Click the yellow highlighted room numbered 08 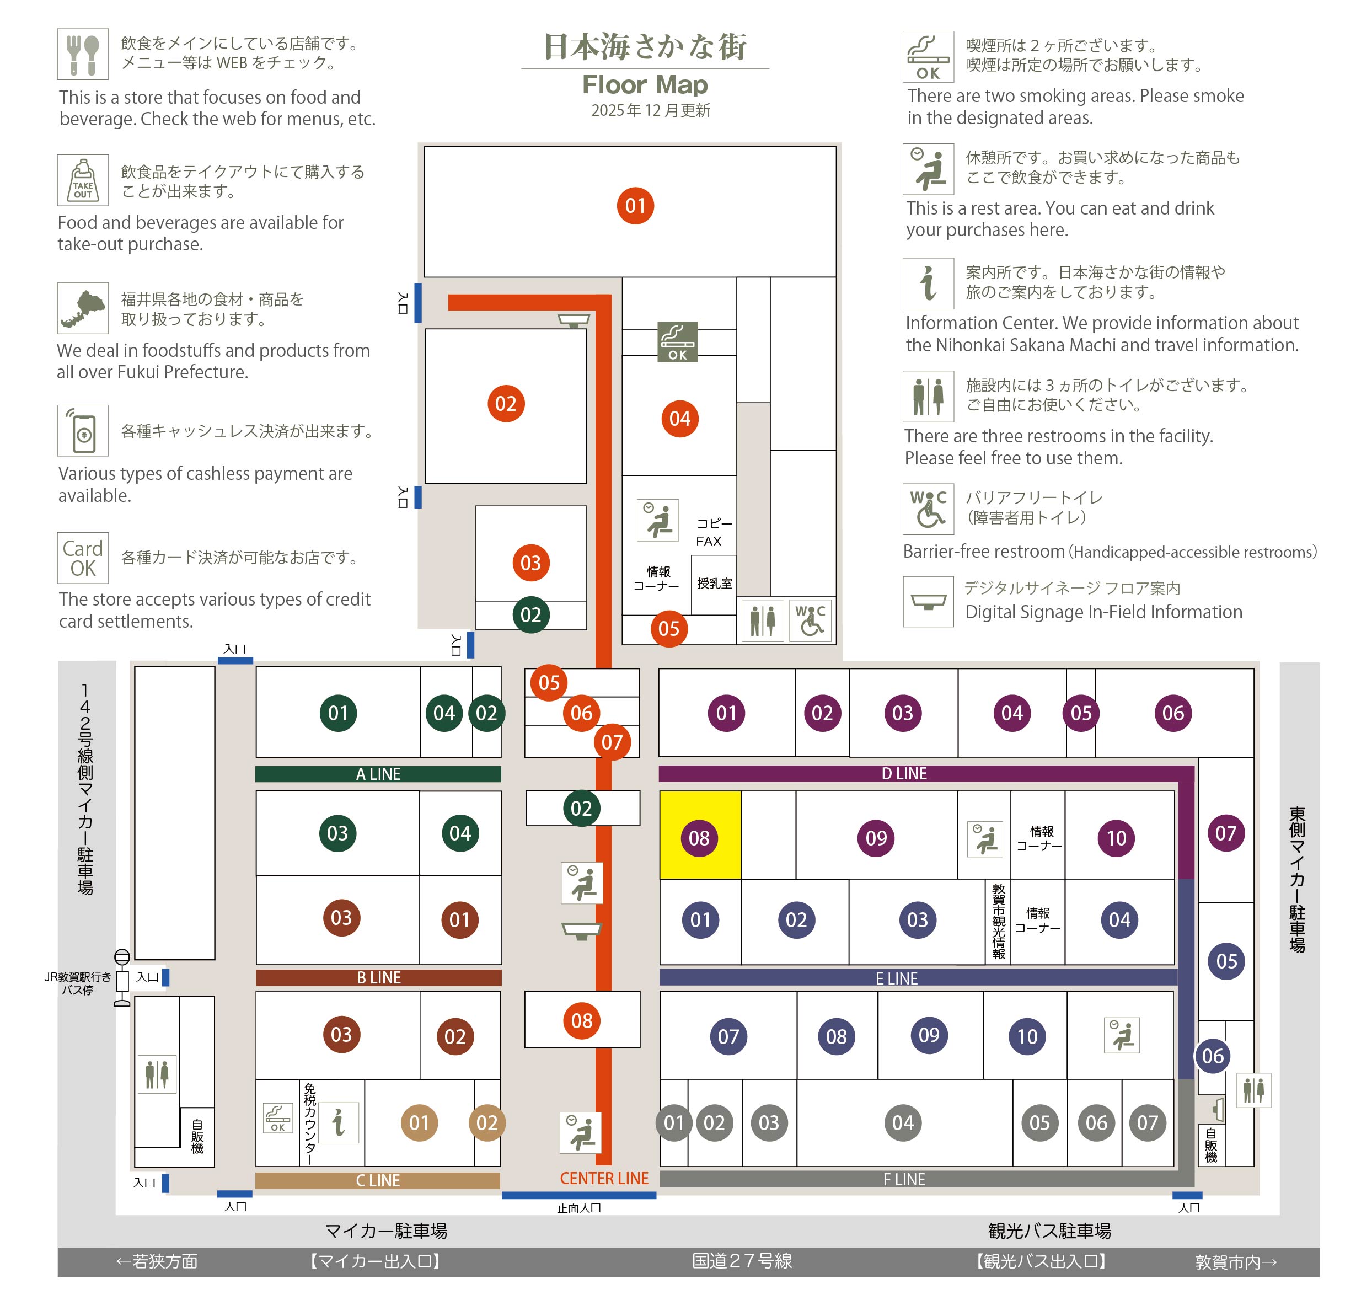(700, 835)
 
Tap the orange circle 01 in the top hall (635, 206)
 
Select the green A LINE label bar (378, 774)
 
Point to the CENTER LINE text (604, 1178)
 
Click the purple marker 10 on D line (1116, 838)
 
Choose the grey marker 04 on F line (903, 1122)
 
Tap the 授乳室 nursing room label (715, 584)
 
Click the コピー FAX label (713, 532)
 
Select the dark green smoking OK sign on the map (678, 341)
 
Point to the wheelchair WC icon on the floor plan (810, 620)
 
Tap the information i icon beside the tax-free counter (339, 1122)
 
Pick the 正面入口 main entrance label (579, 1208)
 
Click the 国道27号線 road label (742, 1260)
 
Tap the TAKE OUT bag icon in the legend (83, 180)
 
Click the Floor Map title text (645, 84)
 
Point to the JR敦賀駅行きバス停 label (78, 983)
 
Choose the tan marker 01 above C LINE (419, 1122)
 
